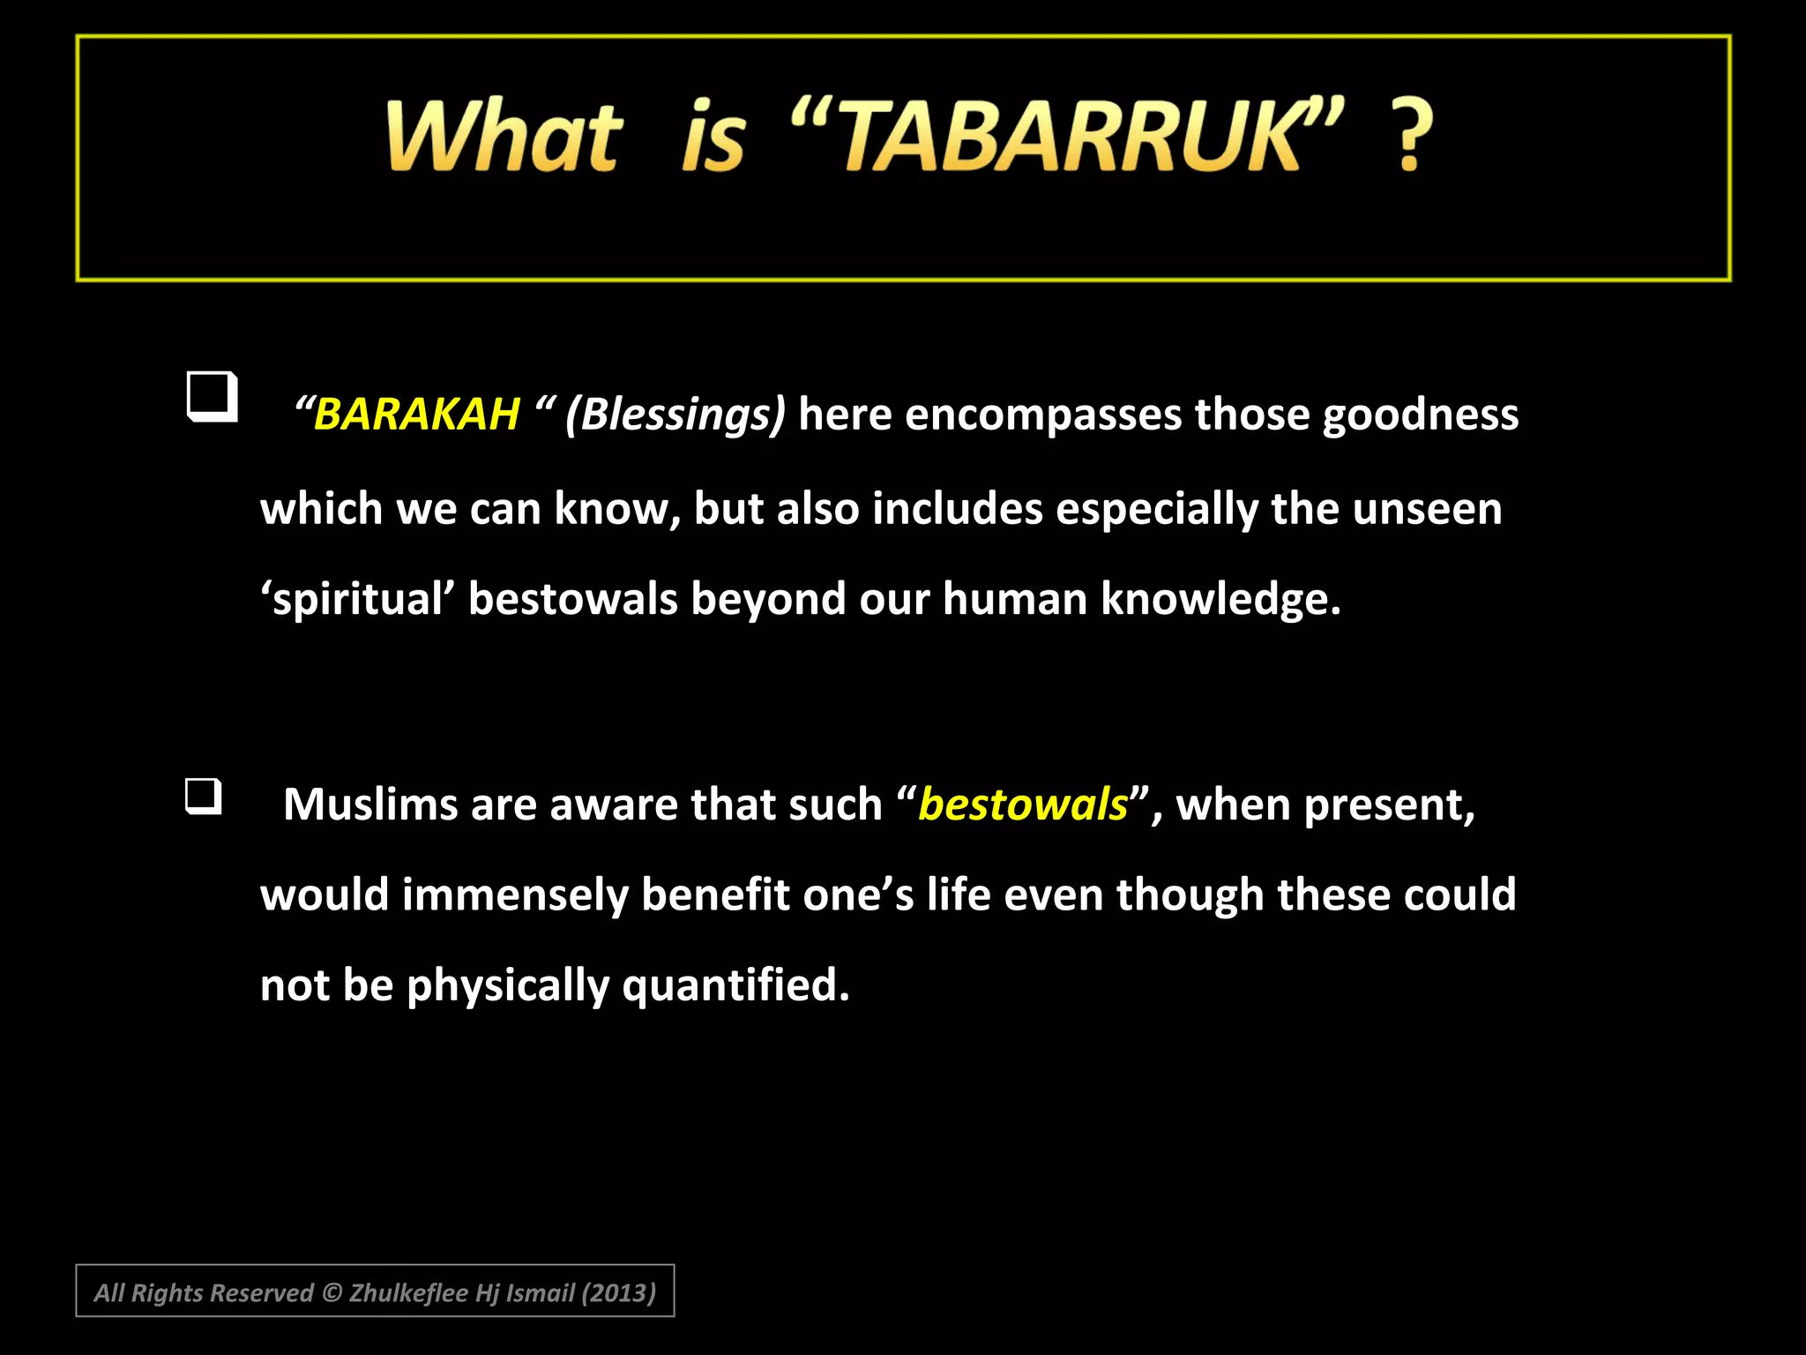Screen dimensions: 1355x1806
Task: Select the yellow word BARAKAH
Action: coord(416,414)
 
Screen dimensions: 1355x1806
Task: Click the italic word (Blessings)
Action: coord(675,414)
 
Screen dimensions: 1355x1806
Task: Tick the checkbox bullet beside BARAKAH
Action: coord(213,396)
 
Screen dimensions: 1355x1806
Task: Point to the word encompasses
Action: coord(1042,414)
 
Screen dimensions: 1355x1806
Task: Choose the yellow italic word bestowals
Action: coord(1023,805)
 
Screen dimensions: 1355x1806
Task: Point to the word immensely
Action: coord(515,895)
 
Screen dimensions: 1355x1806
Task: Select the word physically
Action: coord(507,985)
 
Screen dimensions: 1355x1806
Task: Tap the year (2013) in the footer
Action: coord(618,1292)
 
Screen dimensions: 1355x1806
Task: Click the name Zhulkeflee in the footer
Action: coord(408,1292)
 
